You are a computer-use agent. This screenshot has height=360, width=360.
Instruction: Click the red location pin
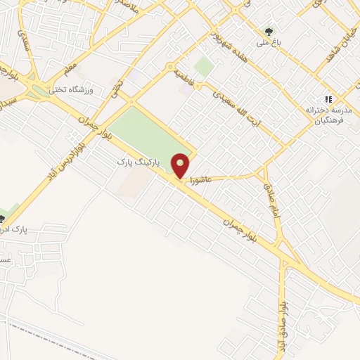click(x=181, y=165)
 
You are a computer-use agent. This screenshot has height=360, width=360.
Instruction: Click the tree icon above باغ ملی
click(x=269, y=32)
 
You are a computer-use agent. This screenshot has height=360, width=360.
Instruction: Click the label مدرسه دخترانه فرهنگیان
click(x=328, y=116)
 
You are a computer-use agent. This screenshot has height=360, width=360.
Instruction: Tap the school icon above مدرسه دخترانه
click(x=328, y=100)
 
